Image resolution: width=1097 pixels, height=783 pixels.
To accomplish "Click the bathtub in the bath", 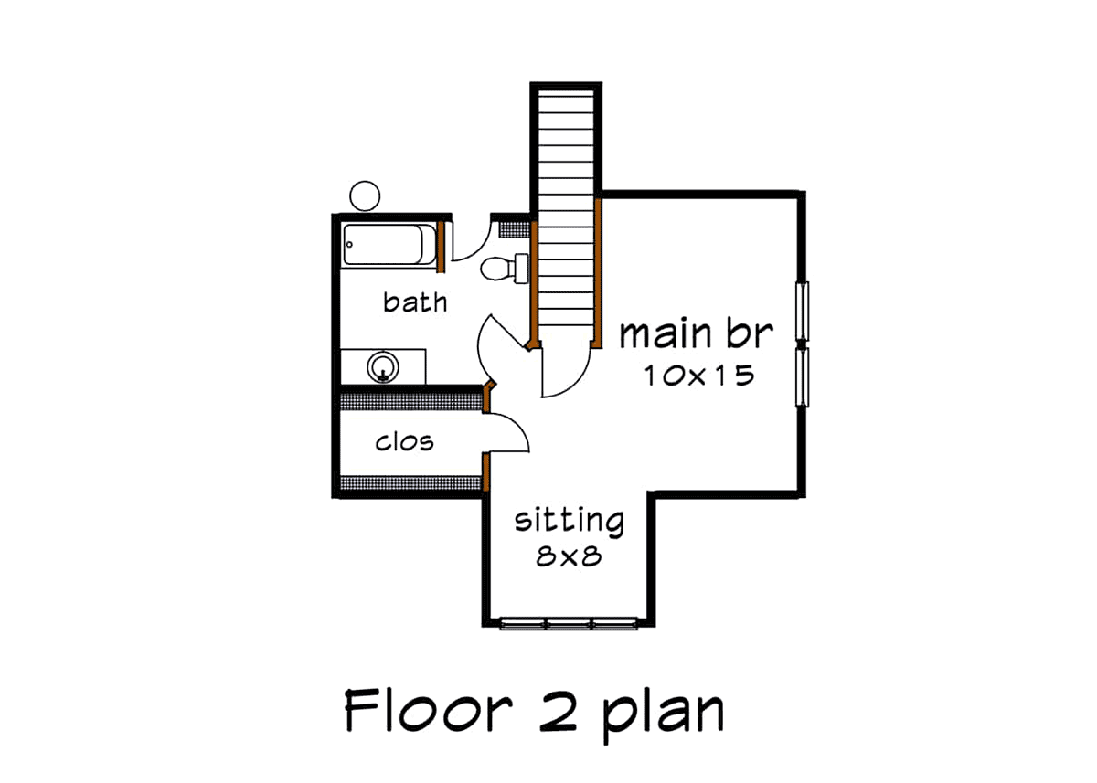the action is click(x=389, y=245).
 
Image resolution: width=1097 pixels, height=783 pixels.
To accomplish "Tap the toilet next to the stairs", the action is click(x=505, y=269).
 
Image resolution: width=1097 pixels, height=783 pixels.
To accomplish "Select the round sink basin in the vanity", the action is click(x=383, y=367).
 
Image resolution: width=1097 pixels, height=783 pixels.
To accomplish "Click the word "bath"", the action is click(x=415, y=302).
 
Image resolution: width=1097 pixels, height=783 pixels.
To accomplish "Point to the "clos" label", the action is click(x=404, y=442).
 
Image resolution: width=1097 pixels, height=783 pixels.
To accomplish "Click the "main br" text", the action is click(x=697, y=334).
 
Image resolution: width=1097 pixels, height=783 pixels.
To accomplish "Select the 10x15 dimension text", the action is click(x=698, y=376).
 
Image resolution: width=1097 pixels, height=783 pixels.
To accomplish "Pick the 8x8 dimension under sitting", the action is click(x=569, y=556).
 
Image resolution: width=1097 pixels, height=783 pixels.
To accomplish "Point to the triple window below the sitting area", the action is click(x=568, y=624).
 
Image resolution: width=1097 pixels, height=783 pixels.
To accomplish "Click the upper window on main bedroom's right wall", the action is click(x=802, y=312).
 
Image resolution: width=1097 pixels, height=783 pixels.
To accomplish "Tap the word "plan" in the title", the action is click(x=663, y=717).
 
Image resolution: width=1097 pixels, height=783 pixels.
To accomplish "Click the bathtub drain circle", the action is click(x=349, y=245).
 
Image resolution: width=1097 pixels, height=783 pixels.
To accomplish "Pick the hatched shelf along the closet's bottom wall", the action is click(x=410, y=483).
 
